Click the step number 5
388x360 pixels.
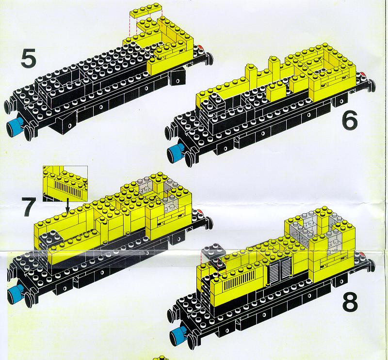29,58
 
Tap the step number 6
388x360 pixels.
350,120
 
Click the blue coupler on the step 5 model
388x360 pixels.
15,126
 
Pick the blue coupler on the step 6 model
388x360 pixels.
176,152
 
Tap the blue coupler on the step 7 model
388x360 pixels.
16,293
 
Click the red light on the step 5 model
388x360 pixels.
201,47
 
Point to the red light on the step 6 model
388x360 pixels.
362,74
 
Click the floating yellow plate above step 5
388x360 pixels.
145,10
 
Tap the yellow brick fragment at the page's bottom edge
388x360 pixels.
161,358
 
